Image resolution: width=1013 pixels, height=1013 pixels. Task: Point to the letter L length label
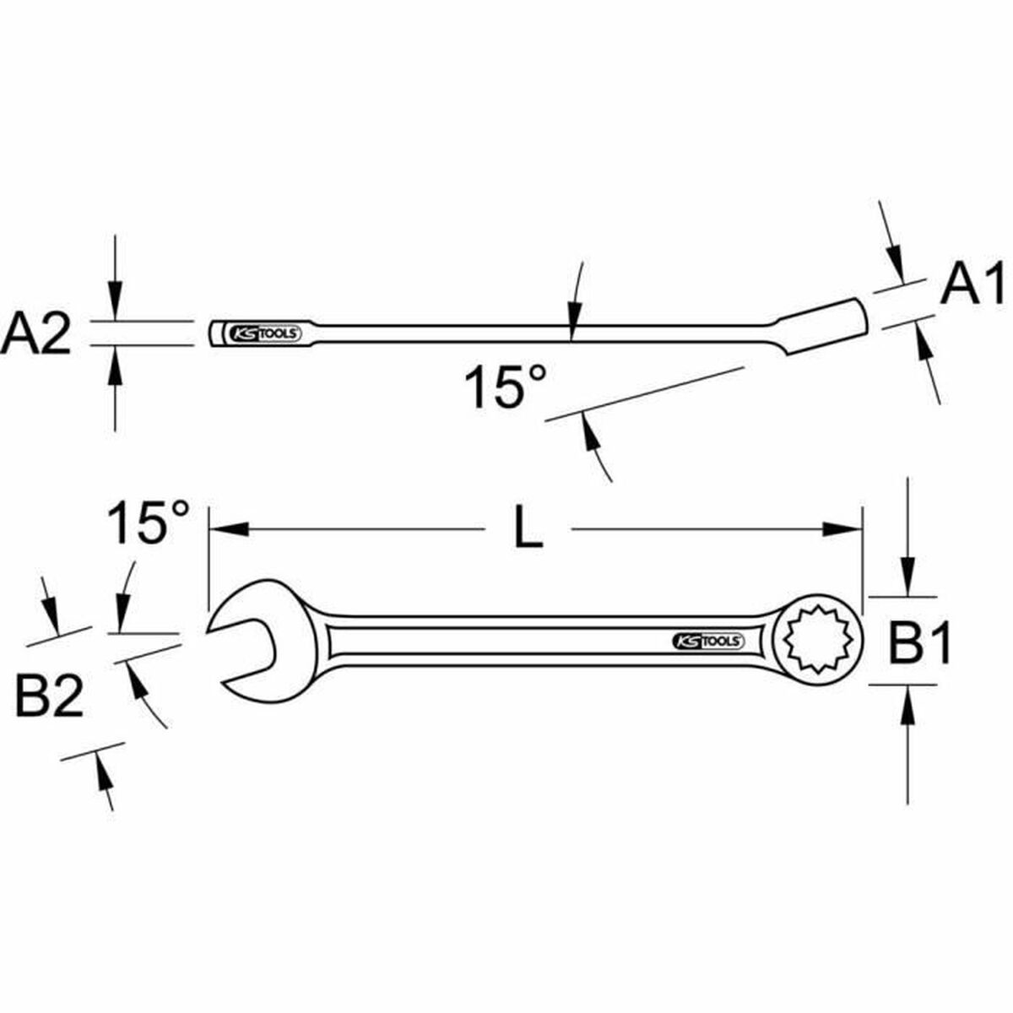(528, 529)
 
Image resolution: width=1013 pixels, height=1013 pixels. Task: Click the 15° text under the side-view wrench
(505, 387)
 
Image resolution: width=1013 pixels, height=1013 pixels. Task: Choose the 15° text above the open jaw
(149, 523)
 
